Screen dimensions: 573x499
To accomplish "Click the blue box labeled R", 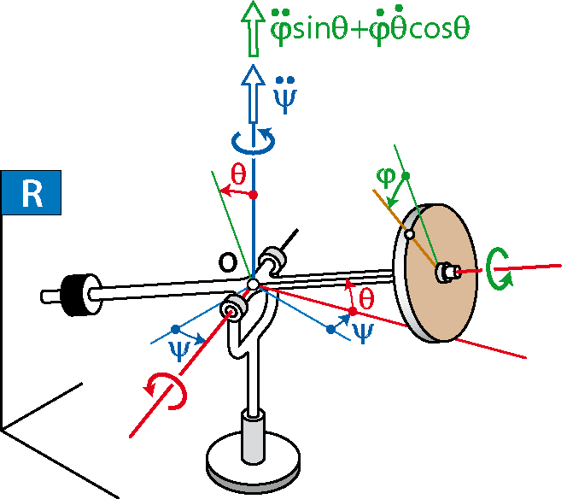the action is click(31, 192).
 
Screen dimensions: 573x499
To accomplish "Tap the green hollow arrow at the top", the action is click(253, 29).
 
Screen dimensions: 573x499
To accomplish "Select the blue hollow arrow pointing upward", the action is click(253, 94).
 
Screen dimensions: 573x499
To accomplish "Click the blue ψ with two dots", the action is click(285, 95).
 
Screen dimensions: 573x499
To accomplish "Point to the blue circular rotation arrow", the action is click(254, 140).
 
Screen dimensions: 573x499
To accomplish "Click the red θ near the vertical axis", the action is click(238, 174).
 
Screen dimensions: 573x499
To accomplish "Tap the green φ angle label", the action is click(386, 178).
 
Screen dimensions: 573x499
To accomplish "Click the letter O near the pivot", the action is click(228, 262).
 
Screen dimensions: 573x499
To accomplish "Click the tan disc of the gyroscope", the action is click(441, 273).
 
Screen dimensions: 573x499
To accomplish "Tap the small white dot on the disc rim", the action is click(410, 235).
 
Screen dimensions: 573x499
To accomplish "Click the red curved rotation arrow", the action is click(167, 391).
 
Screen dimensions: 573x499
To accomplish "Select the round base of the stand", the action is click(253, 461).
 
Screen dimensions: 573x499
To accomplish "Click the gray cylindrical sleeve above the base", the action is click(253, 437).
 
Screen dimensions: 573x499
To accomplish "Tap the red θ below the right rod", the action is click(366, 299).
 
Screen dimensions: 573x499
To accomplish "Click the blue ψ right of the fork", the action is click(363, 333).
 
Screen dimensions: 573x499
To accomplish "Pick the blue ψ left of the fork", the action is click(179, 350).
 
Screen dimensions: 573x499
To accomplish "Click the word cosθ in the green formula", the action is click(439, 30).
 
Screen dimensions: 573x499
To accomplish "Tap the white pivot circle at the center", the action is click(253, 284).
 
